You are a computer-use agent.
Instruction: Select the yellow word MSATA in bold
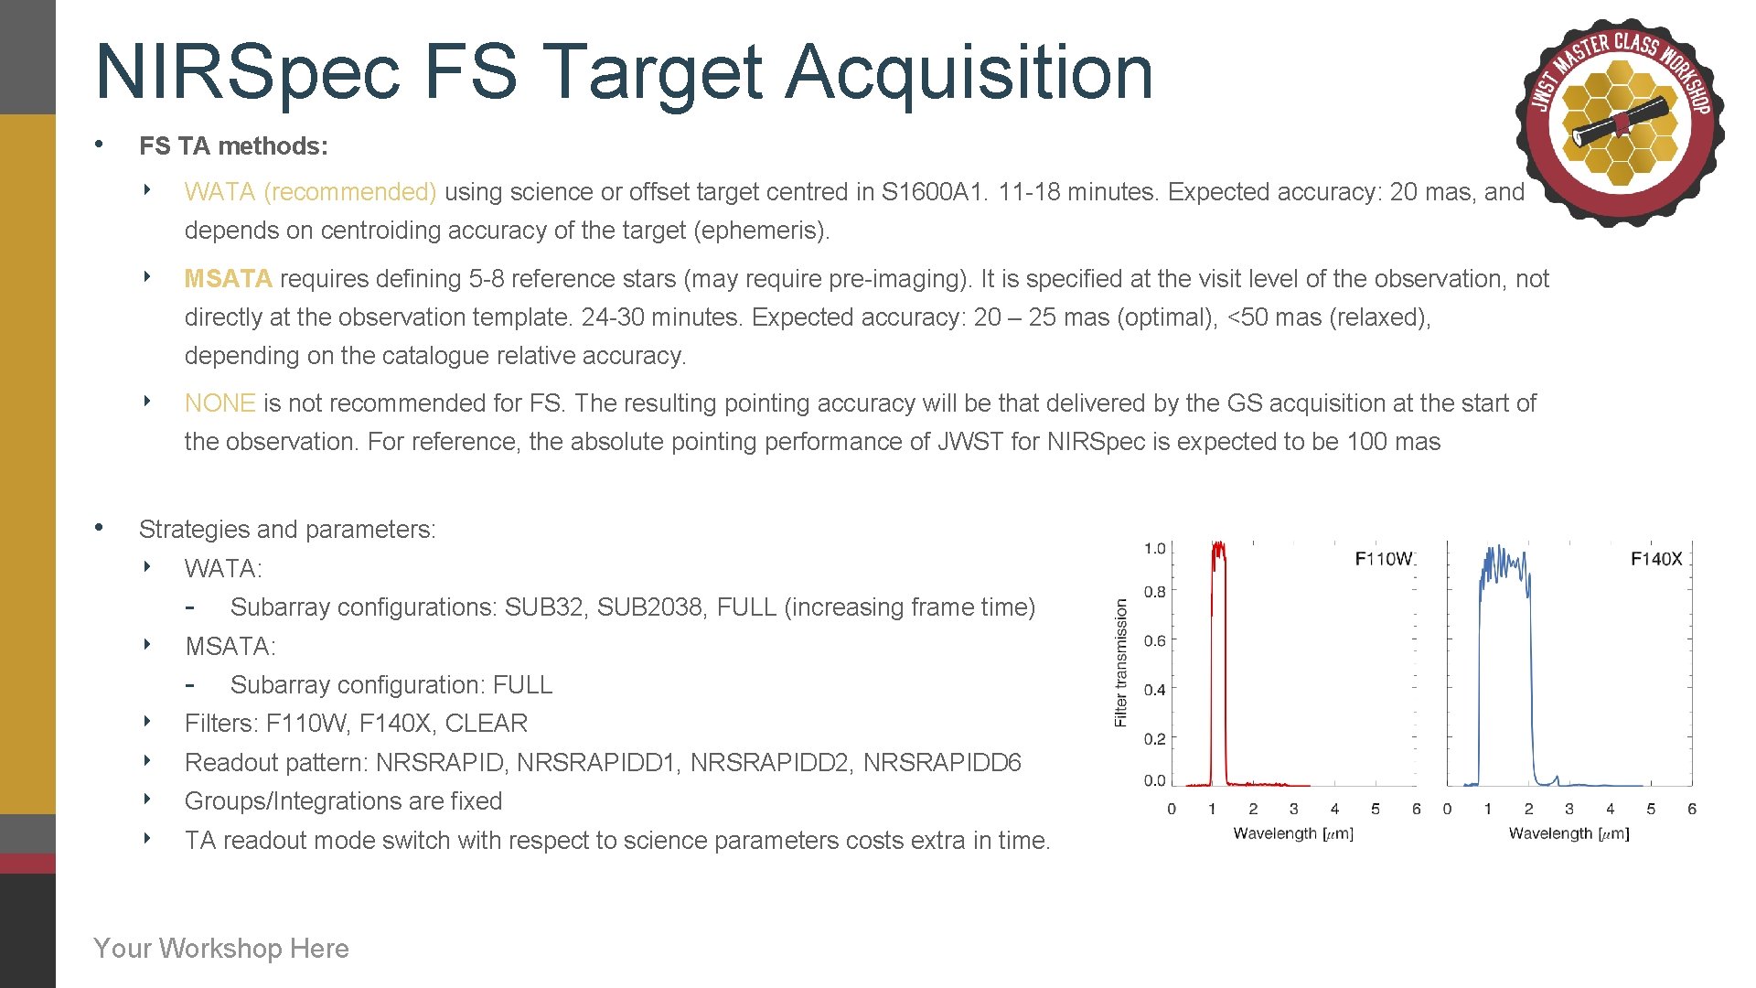pos(228,279)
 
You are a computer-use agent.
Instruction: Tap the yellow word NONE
pos(219,403)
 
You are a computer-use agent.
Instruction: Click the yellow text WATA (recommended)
pos(310,192)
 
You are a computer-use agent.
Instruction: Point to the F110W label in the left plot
pos(1383,559)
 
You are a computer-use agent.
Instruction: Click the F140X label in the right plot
pos(1655,559)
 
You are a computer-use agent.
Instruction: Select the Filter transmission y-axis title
pos(1121,662)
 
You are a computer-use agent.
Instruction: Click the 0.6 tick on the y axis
pos(1154,641)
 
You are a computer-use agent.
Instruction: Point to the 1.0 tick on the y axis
pos(1154,549)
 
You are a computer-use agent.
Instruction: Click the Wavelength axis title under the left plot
pos(1292,833)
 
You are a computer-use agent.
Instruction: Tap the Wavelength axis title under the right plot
pos(1569,833)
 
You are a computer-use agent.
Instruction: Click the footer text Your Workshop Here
pos(221,949)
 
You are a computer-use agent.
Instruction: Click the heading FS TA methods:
pos(233,146)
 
